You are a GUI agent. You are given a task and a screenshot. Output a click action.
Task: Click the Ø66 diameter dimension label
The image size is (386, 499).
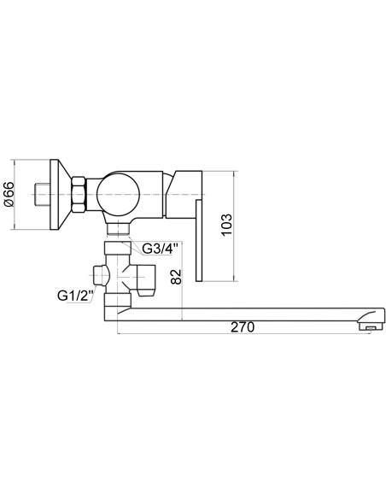[x=9, y=195]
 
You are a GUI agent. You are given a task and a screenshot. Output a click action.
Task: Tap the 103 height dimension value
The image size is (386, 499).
[x=226, y=225]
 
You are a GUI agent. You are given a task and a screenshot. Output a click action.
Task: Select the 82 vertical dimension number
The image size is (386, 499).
[x=176, y=277]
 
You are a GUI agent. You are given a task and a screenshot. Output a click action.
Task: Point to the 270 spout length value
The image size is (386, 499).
[x=243, y=327]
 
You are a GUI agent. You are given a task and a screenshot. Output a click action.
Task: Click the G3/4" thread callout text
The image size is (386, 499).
[x=158, y=249]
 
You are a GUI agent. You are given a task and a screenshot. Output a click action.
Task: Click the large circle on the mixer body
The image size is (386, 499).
[x=119, y=195]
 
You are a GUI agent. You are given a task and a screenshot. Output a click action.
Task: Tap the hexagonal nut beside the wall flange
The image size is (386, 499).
[x=79, y=195]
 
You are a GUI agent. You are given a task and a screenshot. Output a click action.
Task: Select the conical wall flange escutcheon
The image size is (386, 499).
[x=61, y=195]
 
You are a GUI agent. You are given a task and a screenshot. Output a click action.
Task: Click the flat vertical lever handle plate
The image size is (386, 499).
[x=199, y=241]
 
